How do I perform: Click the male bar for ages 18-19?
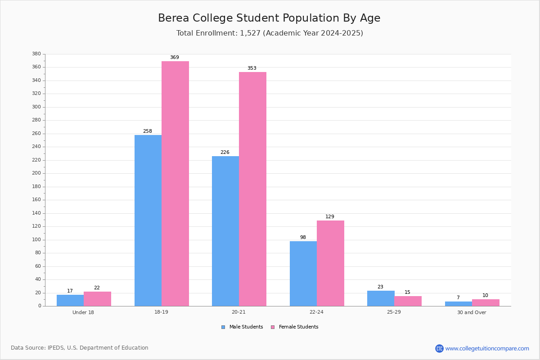tap(148, 220)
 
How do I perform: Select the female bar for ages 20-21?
tap(252, 189)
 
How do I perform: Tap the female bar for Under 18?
tap(97, 299)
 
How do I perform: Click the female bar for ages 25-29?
tap(408, 301)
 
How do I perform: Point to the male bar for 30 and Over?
tap(458, 304)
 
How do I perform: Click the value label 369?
tap(175, 58)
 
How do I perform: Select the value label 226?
tap(225, 153)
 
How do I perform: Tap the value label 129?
tap(330, 217)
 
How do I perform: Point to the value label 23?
tap(380, 287)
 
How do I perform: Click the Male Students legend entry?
tap(246, 327)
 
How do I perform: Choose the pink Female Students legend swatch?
tap(273, 327)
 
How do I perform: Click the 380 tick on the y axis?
tap(36, 54)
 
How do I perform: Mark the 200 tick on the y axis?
tap(36, 173)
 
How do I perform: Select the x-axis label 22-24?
tap(316, 312)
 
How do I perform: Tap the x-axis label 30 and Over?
tap(472, 312)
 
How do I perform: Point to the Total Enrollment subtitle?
tap(270, 33)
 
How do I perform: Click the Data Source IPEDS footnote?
tap(80, 348)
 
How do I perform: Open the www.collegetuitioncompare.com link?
tap(487, 348)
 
